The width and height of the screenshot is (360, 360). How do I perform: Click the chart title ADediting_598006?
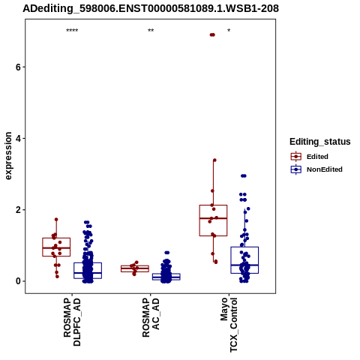[x=151, y=8]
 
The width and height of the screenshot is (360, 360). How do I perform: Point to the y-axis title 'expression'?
[x=8, y=156]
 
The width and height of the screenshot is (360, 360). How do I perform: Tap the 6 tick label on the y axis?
[x=18, y=67]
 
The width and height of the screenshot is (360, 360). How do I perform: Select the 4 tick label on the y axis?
[x=18, y=138]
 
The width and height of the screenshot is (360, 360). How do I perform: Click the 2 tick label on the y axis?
[x=18, y=210]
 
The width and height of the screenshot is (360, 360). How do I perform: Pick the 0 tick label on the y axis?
[x=18, y=281]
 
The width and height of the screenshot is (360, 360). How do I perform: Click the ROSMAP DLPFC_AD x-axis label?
[x=72, y=322]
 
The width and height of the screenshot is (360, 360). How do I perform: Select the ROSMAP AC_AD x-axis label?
[x=151, y=317]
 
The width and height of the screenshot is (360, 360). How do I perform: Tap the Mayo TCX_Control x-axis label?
[x=229, y=325]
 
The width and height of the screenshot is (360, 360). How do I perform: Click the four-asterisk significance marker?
[x=72, y=31]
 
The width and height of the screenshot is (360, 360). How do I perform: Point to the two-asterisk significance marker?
[x=151, y=31]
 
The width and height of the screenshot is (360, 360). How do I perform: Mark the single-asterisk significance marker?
[x=229, y=31]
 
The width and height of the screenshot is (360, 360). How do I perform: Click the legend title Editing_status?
[x=320, y=142]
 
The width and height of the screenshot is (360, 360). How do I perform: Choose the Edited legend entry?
[x=309, y=157]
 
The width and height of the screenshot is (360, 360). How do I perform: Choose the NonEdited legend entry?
[x=316, y=169]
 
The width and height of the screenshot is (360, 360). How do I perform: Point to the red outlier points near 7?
[x=212, y=34]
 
